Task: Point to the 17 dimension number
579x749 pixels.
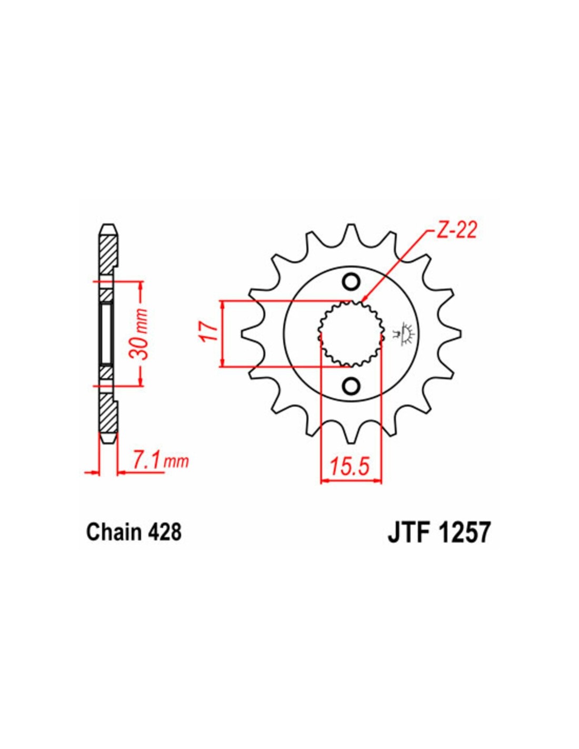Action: (x=209, y=332)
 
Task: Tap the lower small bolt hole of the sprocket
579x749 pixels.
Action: (x=351, y=386)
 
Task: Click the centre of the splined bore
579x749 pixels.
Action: (x=351, y=333)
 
